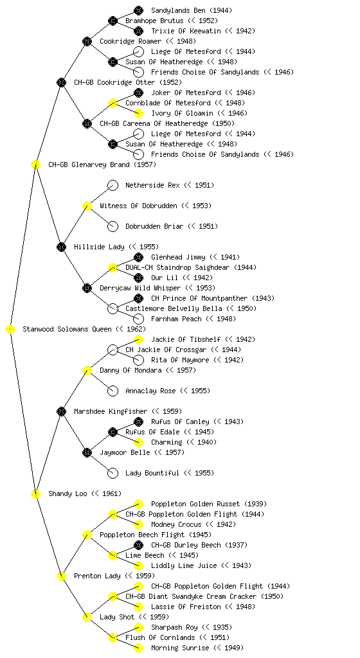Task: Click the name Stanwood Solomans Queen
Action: [x=67, y=329]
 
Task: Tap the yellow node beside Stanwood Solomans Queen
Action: [x=10, y=329]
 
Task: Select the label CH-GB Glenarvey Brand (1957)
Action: [x=102, y=164]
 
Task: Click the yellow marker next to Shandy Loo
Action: [x=35, y=493]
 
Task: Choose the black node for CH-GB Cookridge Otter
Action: [x=61, y=82]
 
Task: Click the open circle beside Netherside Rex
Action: [x=113, y=185]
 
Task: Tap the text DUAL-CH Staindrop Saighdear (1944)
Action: [x=191, y=267]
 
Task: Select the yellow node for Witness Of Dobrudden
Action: [x=87, y=206]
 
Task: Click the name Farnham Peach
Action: [x=176, y=319]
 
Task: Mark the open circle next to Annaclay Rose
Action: [x=113, y=391]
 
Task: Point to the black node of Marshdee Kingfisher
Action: [x=61, y=411]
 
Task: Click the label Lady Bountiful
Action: [x=152, y=473]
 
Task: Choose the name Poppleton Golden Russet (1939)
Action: [x=209, y=504]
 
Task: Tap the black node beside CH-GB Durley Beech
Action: [x=138, y=545]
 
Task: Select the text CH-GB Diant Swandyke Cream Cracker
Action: [x=191, y=596]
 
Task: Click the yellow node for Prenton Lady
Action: [x=61, y=576]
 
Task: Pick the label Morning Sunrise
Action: [x=180, y=648]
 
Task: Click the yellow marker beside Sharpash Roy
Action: [x=138, y=627]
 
